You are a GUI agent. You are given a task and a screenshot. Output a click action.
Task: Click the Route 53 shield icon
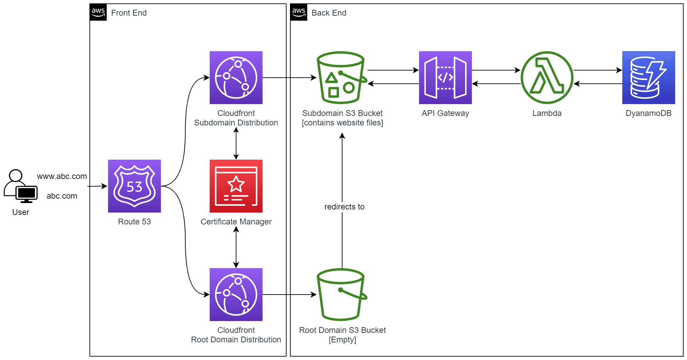click(x=134, y=186)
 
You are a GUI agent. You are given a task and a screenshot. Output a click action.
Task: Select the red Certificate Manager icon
click(x=236, y=186)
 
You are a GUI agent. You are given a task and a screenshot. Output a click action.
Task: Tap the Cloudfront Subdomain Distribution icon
click(x=236, y=77)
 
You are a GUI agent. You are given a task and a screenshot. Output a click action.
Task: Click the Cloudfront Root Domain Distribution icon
click(x=236, y=294)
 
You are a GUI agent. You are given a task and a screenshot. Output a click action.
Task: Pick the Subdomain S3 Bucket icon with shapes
click(x=341, y=77)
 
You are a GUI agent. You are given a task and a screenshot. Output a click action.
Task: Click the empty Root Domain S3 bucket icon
click(x=341, y=294)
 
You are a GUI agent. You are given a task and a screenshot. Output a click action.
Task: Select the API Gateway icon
click(x=445, y=77)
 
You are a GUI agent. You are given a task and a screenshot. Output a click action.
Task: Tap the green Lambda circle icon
click(x=547, y=77)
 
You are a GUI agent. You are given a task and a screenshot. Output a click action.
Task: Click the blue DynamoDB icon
click(x=648, y=77)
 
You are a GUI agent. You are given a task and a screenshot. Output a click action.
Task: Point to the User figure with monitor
click(x=20, y=186)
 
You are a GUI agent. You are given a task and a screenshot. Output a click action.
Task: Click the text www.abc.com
click(x=62, y=176)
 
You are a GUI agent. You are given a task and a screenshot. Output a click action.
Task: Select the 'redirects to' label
click(x=344, y=207)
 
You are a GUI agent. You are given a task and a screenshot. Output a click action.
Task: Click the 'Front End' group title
click(x=129, y=13)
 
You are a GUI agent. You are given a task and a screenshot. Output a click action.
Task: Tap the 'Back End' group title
click(x=329, y=13)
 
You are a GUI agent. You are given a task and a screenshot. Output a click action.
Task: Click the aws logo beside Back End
click(x=299, y=12)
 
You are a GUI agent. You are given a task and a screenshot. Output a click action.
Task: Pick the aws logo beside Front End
click(x=98, y=12)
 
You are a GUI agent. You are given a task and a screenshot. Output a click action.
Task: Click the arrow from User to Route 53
click(x=97, y=186)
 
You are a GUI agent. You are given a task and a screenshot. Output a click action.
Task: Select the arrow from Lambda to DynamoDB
click(x=598, y=70)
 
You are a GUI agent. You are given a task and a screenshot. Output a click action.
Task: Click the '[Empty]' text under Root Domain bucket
click(x=342, y=340)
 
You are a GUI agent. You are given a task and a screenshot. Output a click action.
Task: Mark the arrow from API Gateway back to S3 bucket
click(x=393, y=84)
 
